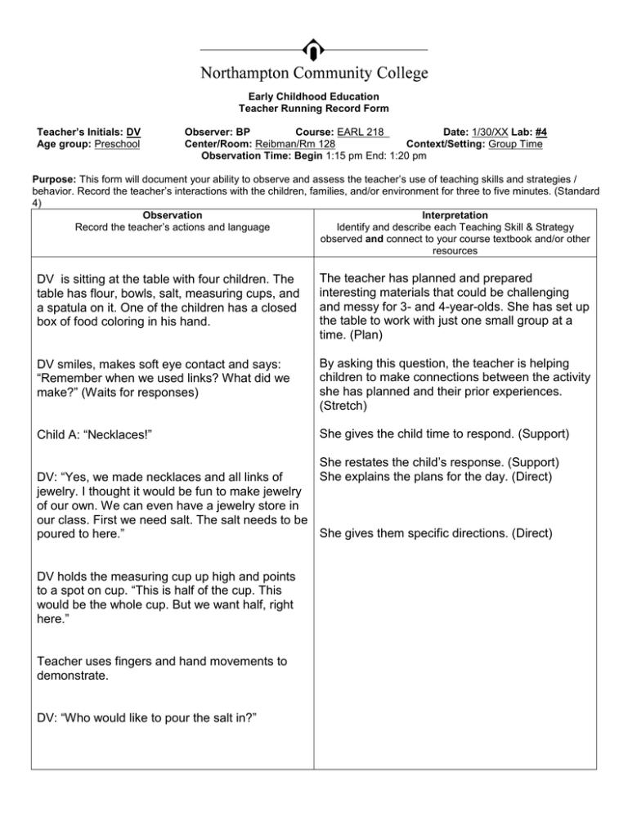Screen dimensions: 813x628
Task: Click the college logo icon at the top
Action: tap(313, 48)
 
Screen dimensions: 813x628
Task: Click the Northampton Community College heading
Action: tap(313, 74)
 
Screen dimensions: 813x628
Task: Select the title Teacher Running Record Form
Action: tap(313, 108)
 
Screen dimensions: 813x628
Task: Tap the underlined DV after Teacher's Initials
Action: tap(133, 130)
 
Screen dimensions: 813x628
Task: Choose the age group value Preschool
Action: tap(118, 143)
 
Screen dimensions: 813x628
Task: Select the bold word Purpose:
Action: tap(54, 177)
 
